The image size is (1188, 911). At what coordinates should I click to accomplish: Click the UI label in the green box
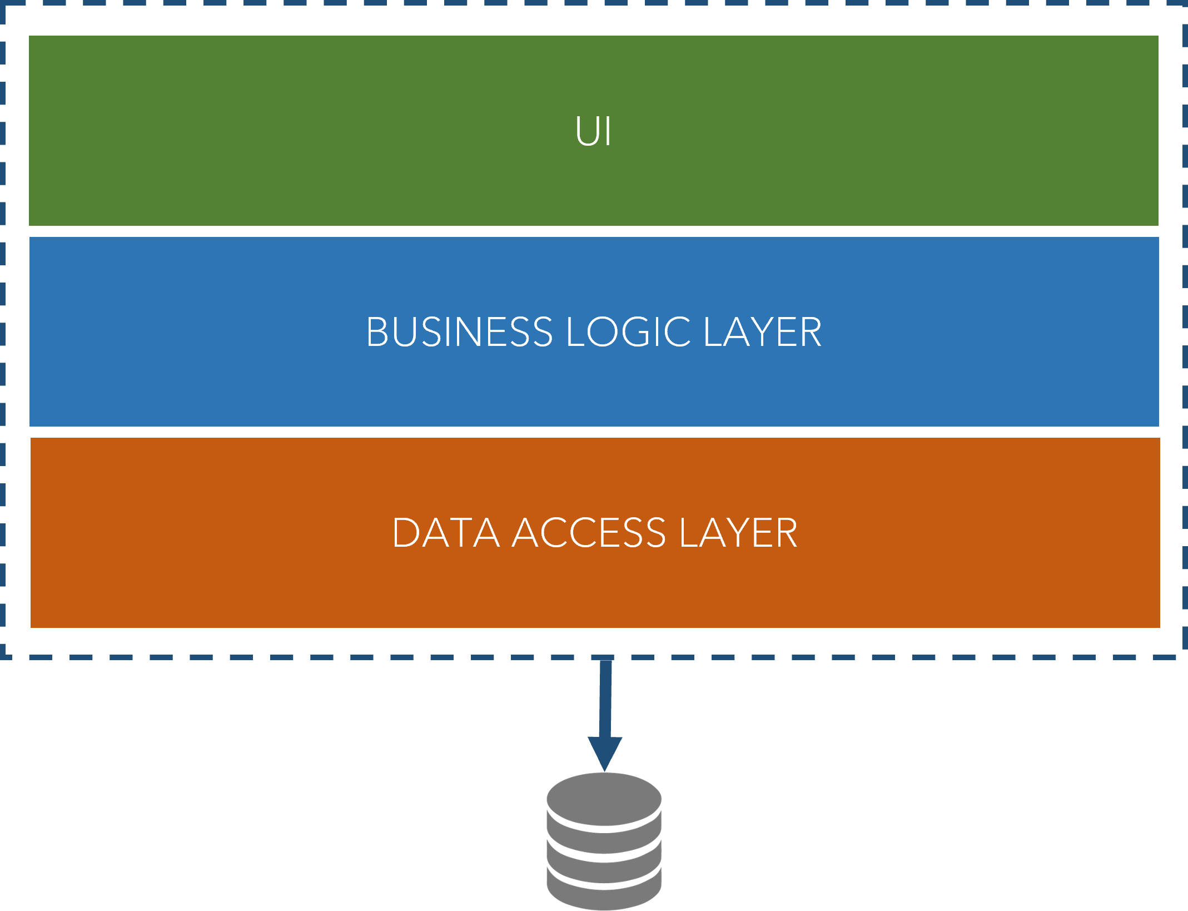click(593, 132)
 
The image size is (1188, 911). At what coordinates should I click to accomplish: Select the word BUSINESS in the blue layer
click(459, 332)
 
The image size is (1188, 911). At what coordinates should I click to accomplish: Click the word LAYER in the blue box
click(762, 332)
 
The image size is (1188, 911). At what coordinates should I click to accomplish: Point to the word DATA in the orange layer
click(445, 533)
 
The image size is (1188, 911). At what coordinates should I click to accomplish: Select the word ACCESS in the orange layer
click(588, 533)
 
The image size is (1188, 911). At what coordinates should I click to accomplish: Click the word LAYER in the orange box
click(738, 533)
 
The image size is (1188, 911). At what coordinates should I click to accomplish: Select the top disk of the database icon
click(604, 799)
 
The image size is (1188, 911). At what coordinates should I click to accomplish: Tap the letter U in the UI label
click(586, 132)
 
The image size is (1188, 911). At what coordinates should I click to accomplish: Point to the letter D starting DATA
click(405, 533)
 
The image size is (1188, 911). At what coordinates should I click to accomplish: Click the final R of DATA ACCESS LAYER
click(786, 533)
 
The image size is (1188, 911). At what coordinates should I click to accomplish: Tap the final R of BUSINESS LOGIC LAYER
click(811, 332)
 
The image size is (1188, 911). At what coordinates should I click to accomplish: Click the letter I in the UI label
click(608, 132)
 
